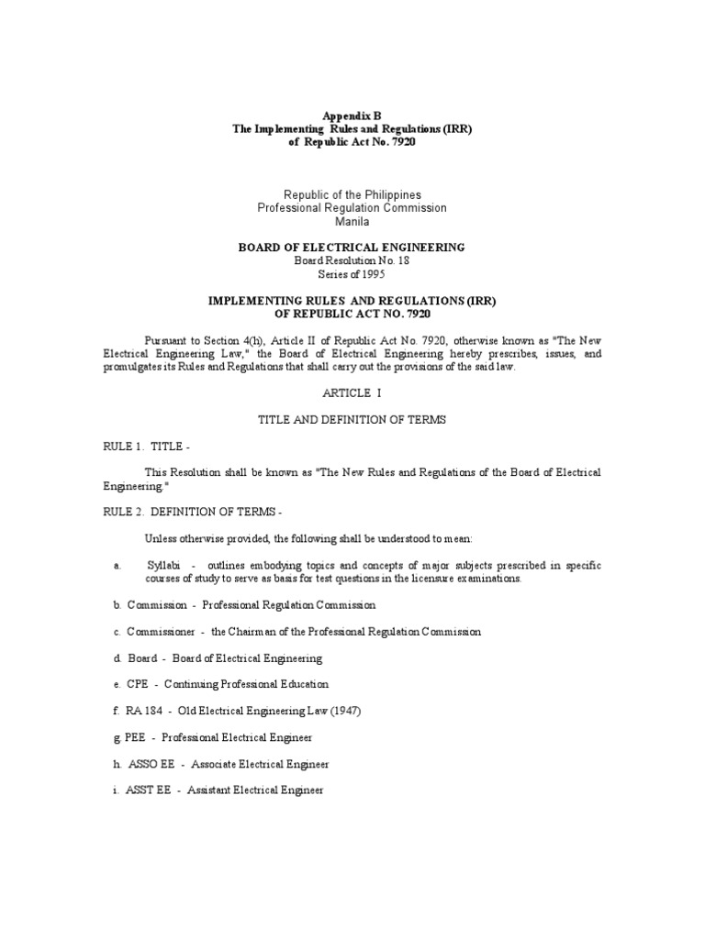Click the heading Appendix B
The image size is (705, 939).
(x=352, y=116)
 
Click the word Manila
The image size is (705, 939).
(x=352, y=221)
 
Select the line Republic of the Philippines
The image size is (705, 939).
(x=352, y=195)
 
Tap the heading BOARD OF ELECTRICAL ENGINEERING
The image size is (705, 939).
(x=352, y=248)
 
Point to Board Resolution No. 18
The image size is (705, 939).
(x=352, y=260)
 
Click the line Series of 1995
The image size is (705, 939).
(x=352, y=273)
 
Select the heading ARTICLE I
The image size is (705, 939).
(x=352, y=392)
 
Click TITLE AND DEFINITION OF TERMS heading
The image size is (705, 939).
(x=352, y=419)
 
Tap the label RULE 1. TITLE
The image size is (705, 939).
(x=146, y=446)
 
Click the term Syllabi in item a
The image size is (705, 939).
(x=163, y=566)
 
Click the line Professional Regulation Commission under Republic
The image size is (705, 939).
(x=352, y=208)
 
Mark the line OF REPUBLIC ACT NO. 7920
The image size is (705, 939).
(x=352, y=314)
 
